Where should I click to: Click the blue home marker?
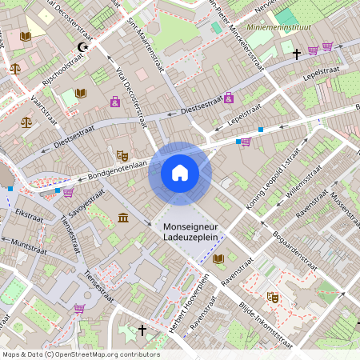pyautogui.click(x=179, y=173)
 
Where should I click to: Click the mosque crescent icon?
pyautogui.click(x=81, y=47)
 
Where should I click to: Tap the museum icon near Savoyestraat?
pyautogui.click(x=122, y=218)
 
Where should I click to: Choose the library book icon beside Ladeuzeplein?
pyautogui.click(x=218, y=258)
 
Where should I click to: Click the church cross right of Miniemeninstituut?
pyautogui.click(x=297, y=54)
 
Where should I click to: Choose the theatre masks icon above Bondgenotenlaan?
pyautogui.click(x=122, y=155)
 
